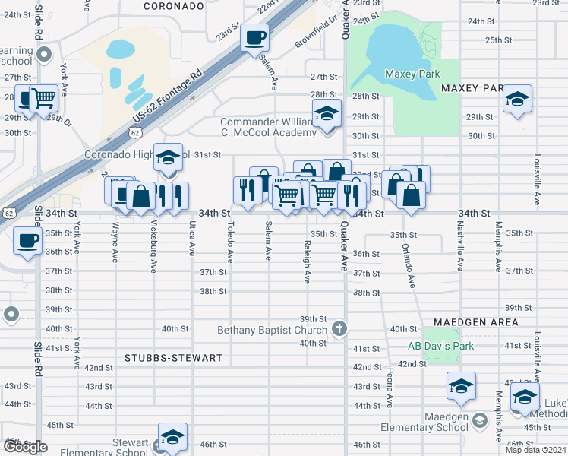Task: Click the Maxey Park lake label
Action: coord(412,74)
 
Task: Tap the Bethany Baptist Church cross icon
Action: coord(339,329)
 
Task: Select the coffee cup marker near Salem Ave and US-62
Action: coord(254,37)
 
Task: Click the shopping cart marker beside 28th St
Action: coord(43,98)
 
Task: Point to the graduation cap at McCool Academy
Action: coord(327,114)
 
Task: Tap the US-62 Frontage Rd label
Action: coord(169,95)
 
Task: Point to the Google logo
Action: coord(25,447)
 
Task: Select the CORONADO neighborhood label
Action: coord(174,6)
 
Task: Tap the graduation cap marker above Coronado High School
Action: coord(168,158)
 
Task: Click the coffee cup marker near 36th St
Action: coord(28,242)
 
